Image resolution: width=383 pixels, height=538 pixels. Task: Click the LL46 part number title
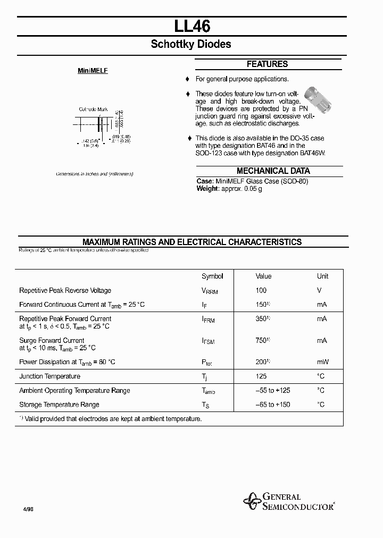[x=192, y=26]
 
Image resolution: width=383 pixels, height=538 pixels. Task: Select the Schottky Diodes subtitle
[x=191, y=45]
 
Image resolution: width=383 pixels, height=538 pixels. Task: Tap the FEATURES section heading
[x=267, y=64]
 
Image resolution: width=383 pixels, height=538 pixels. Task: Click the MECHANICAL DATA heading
[x=273, y=171]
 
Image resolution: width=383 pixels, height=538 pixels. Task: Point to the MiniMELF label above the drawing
[x=93, y=71]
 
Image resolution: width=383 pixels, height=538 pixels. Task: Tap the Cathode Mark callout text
[x=93, y=110]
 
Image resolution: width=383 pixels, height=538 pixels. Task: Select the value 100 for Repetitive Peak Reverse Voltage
[x=261, y=290]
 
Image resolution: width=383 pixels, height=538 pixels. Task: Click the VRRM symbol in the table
[x=210, y=291]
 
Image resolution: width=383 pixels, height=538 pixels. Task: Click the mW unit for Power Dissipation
[x=323, y=362]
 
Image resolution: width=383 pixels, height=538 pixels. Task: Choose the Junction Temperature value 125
[x=261, y=376]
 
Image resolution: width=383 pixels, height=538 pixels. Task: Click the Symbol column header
[x=212, y=276]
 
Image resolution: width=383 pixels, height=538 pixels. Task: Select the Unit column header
[x=323, y=276]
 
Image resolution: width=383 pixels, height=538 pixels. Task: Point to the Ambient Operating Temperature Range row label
[x=74, y=390]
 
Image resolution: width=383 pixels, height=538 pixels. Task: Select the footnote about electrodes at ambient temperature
[x=111, y=419]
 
